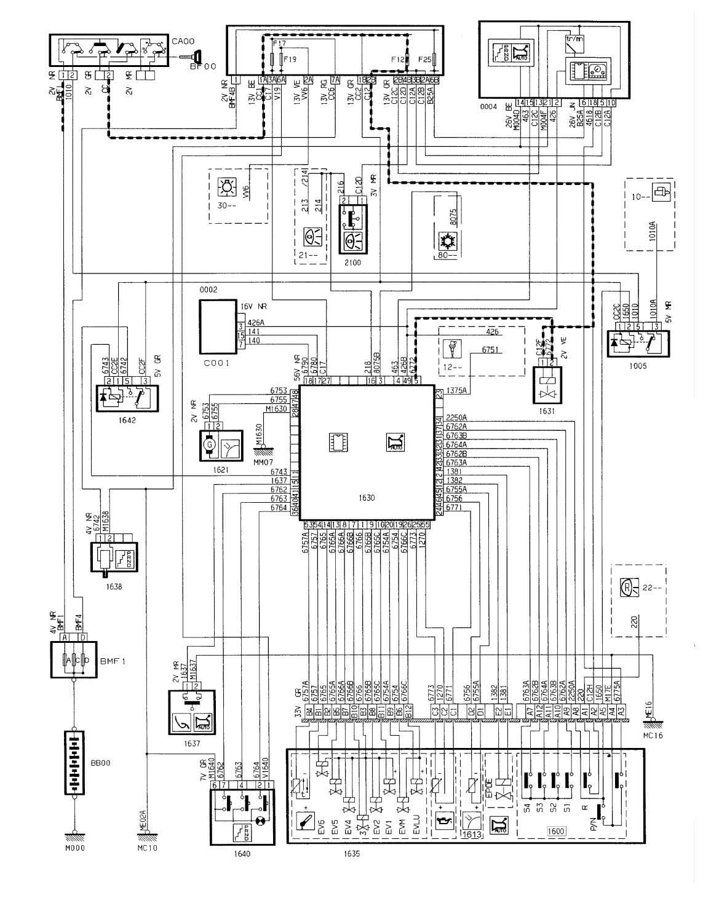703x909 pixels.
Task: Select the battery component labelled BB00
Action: [x=76, y=765]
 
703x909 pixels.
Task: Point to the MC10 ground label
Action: [x=148, y=848]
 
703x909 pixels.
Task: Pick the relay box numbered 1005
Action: [x=638, y=345]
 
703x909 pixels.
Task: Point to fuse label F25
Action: [x=424, y=60]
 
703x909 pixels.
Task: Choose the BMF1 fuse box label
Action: [x=110, y=663]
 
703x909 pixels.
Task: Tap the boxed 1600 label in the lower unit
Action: [x=555, y=832]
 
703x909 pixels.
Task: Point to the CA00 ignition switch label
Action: [x=180, y=41]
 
